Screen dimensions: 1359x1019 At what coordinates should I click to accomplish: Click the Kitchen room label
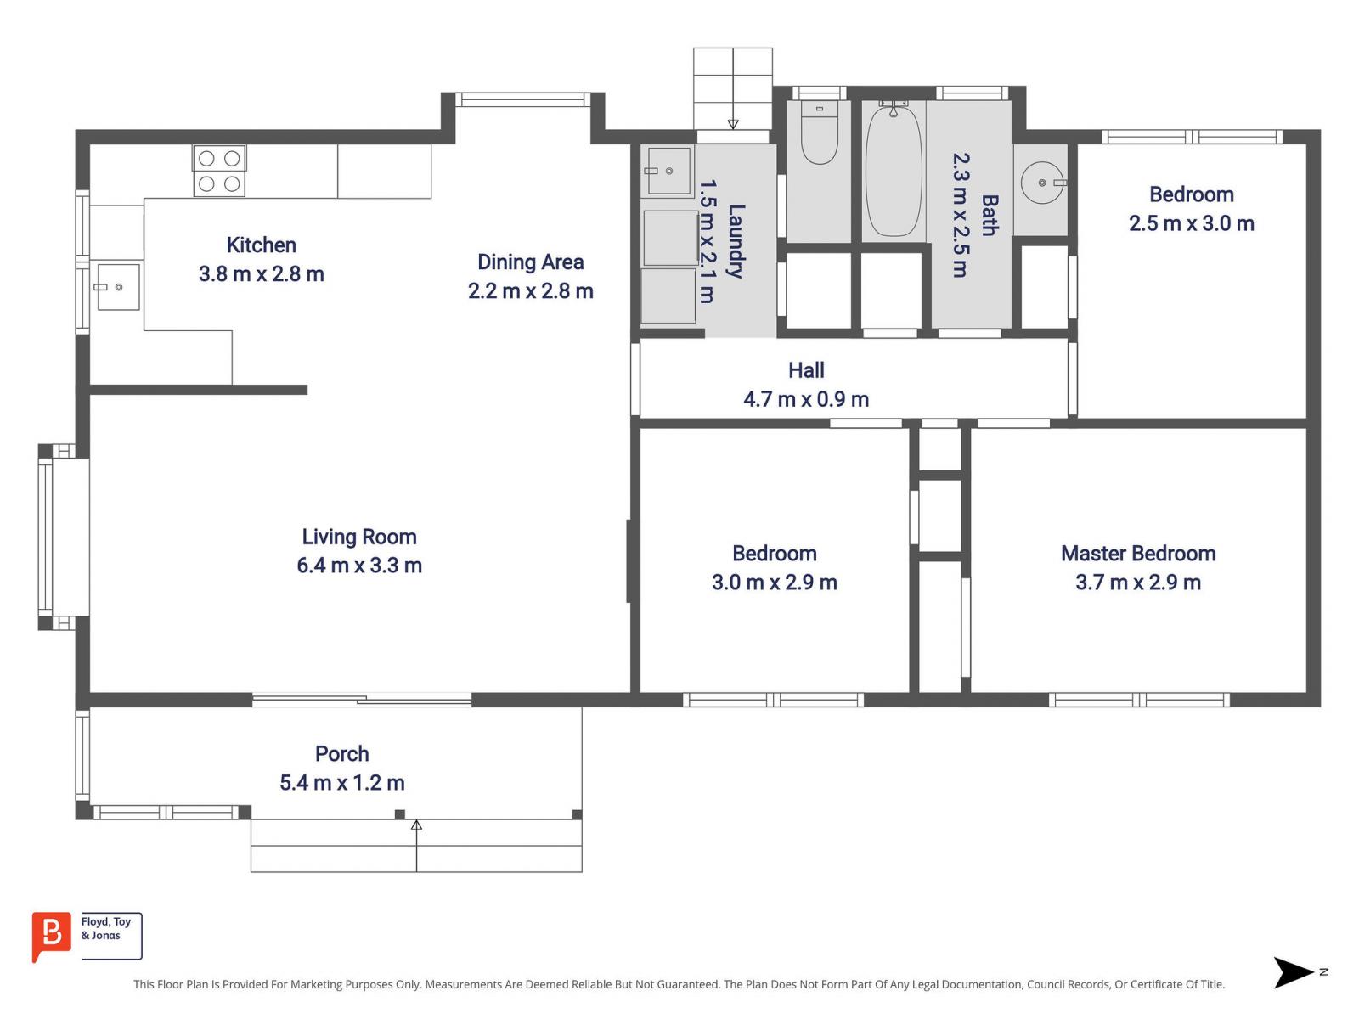261,245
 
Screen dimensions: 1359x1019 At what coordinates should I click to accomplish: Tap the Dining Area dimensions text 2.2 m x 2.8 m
530,290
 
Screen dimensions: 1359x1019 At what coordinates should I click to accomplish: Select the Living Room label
359,537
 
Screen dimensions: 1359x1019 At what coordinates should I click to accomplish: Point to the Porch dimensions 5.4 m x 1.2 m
341,782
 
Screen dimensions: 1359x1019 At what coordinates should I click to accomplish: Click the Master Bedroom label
1138,553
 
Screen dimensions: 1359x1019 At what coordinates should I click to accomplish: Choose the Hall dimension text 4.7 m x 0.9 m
805,398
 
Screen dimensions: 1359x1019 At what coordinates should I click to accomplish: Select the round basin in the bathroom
1043,183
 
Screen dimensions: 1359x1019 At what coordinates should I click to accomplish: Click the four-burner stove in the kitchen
219,171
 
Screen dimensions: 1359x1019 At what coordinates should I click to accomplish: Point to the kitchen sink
117,286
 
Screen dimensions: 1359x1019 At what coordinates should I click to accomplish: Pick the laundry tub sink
668,171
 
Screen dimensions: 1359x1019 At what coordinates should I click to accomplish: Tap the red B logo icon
52,936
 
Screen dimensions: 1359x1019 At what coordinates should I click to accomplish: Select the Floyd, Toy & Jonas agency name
106,928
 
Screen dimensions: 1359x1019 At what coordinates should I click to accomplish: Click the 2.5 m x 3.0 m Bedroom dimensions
1191,222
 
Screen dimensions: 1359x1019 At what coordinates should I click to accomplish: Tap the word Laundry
736,241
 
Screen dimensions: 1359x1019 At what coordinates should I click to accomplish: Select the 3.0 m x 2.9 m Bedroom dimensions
774,582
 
